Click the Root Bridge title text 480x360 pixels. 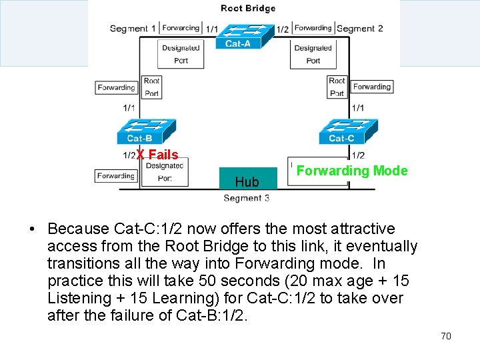pos(247,9)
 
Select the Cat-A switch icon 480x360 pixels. pos(239,36)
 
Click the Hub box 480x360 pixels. pos(247,179)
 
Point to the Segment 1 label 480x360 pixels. pos(133,29)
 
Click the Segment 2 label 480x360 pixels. pos(360,29)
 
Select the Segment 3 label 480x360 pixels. pos(247,198)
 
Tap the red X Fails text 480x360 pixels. pos(157,155)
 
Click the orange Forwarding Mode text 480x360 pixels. pos(351,171)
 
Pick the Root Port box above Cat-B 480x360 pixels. pos(151,87)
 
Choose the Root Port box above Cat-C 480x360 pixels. pos(337,87)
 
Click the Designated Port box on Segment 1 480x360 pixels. pos(180,54)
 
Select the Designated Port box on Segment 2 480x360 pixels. pos(313,54)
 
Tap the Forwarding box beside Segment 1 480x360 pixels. pos(181,28)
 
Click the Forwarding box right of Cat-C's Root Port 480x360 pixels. pos(372,87)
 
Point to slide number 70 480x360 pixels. pos(446,336)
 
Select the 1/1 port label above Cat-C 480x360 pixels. pos(358,108)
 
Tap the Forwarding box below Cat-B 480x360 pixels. pos(116,176)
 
